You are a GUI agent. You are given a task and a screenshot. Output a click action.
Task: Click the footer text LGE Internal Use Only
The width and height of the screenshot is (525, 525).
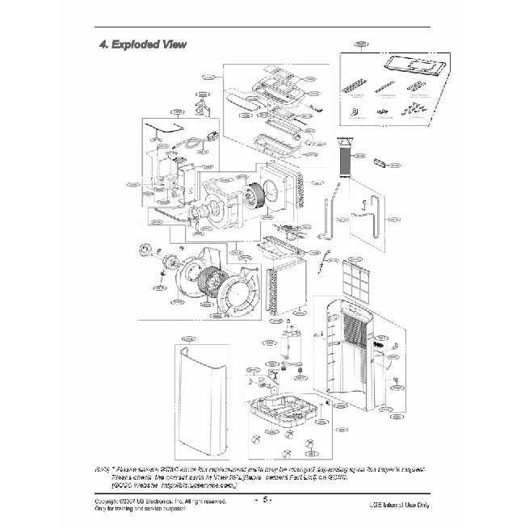(x=399, y=505)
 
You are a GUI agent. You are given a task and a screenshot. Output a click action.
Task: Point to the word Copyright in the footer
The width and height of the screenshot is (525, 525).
(x=111, y=502)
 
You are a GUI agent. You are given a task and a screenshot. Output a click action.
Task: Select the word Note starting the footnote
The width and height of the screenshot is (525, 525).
(x=103, y=469)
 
